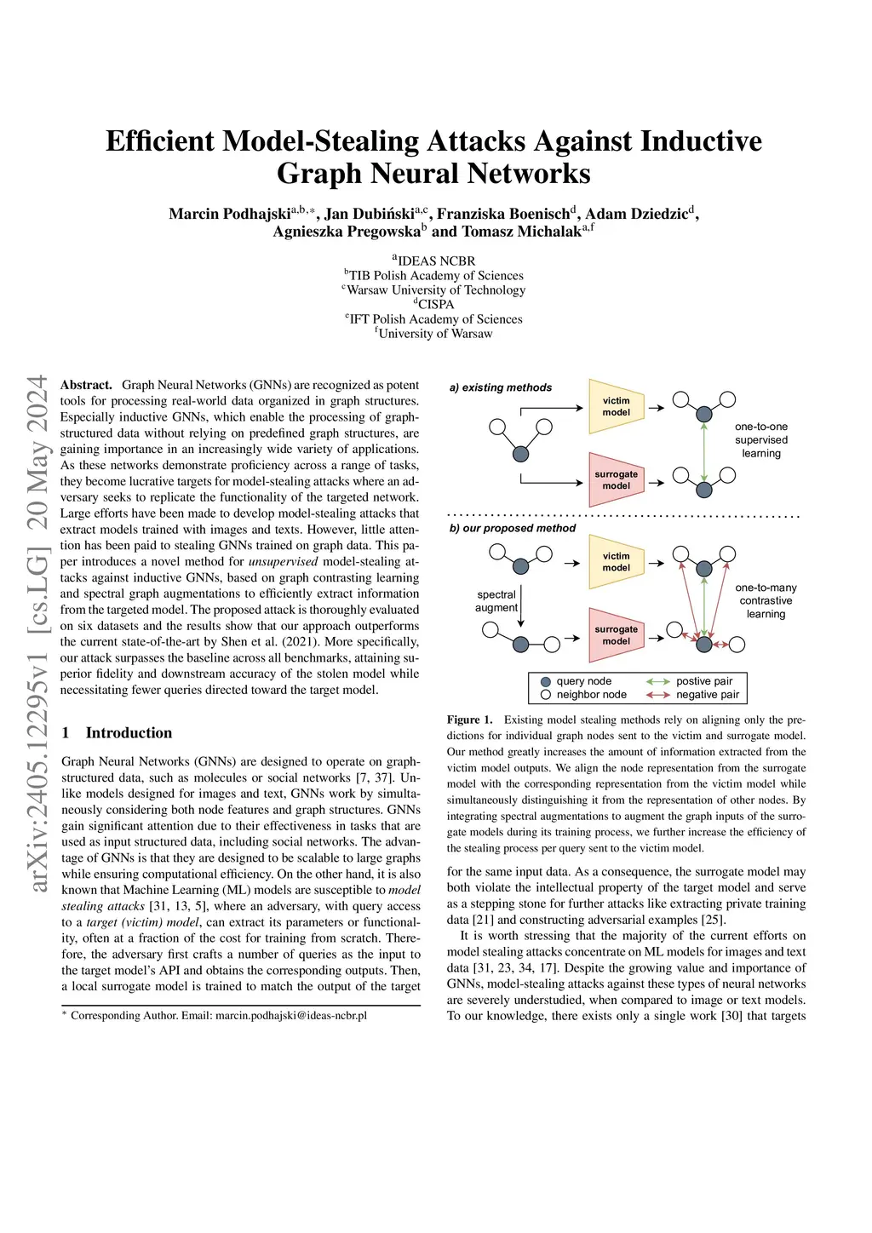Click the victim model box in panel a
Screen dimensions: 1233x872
[616, 406]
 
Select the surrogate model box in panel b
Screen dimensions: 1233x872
[616, 635]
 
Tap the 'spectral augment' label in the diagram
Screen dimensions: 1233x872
[496, 601]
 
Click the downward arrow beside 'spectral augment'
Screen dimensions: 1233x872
[521, 605]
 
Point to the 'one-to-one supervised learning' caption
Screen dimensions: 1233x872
[761, 440]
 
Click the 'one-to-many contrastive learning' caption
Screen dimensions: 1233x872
[766, 601]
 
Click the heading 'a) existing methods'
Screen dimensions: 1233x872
[501, 387]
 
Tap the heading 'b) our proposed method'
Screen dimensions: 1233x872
[513, 528]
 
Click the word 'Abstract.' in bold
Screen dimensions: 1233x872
[86, 385]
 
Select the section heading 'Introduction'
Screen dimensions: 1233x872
[129, 732]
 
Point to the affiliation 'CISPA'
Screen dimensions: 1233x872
[435, 304]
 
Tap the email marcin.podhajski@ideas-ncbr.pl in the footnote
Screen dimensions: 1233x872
[291, 1015]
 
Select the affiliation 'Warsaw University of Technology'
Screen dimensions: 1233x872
[435, 290]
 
